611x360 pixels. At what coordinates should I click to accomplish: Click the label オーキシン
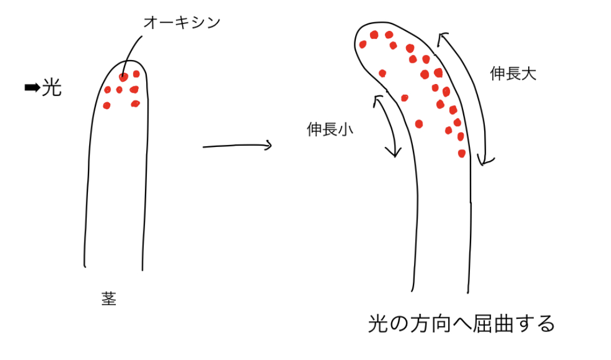(x=182, y=23)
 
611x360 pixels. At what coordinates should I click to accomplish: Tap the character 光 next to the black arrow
(x=51, y=87)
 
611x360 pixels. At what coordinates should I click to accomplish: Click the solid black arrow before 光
(x=33, y=88)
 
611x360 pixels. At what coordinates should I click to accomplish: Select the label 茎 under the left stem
(x=108, y=299)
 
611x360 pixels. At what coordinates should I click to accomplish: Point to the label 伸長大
(x=513, y=73)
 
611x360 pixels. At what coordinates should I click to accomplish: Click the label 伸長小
(x=329, y=129)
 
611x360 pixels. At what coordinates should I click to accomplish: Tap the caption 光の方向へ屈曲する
(x=461, y=323)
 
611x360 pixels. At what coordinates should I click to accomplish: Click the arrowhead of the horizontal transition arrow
(x=268, y=145)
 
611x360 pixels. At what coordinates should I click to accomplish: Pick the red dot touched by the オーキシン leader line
(x=123, y=77)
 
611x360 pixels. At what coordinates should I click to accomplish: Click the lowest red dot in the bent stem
(x=462, y=153)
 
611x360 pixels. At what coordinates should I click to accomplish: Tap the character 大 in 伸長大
(x=529, y=73)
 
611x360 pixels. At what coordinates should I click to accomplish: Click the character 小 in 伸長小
(x=345, y=129)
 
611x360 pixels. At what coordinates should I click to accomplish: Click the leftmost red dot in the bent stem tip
(x=363, y=44)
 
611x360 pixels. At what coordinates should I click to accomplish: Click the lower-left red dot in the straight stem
(x=106, y=105)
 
